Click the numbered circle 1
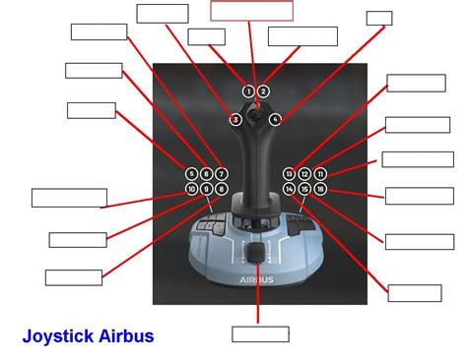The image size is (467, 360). (248, 91)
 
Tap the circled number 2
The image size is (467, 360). (263, 91)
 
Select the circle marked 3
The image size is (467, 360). (235, 120)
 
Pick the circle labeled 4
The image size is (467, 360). (275, 120)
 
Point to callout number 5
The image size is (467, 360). (191, 173)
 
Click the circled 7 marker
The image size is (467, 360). (222, 173)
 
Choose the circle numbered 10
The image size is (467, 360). (191, 188)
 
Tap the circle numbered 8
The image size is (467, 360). (222, 188)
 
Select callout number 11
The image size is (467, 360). (320, 173)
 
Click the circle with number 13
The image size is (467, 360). (289, 173)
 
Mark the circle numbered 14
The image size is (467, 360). (289, 188)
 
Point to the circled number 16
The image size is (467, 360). (320, 188)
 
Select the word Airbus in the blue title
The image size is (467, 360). (127, 336)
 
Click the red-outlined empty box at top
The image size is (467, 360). (252, 11)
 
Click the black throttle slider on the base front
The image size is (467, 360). (258, 256)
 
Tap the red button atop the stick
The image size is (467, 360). (256, 101)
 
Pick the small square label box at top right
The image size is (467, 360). (378, 18)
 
